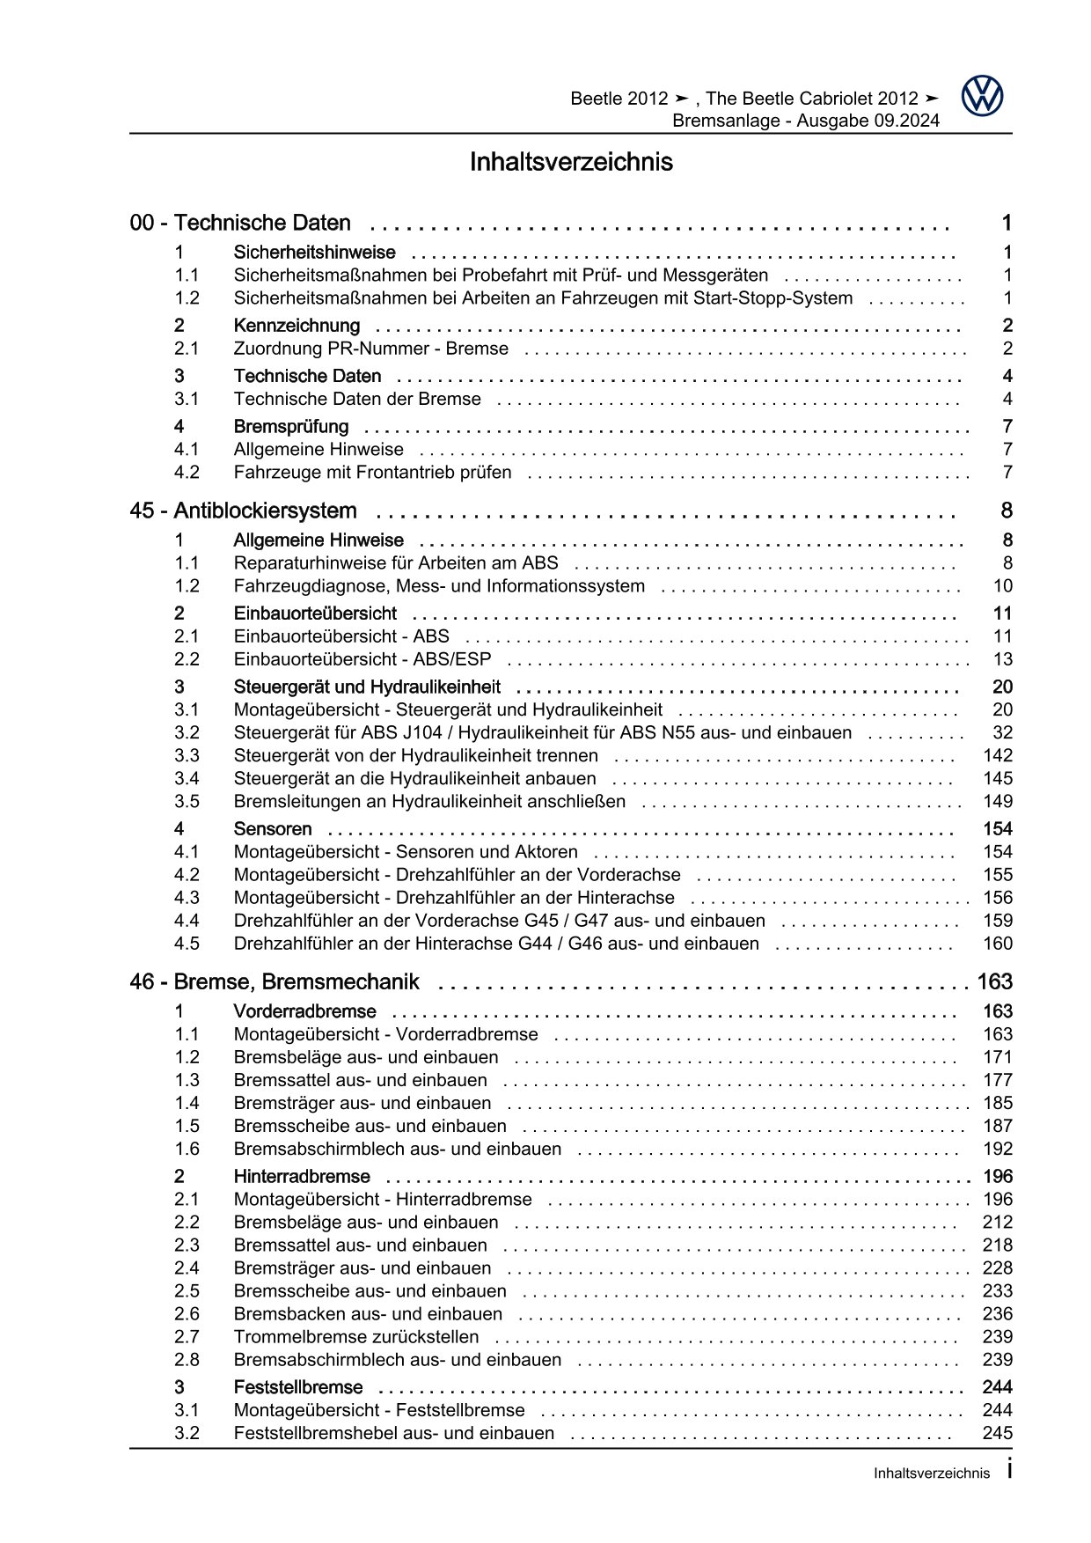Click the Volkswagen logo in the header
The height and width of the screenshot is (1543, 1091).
982,96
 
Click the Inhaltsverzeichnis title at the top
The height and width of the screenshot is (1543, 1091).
570,162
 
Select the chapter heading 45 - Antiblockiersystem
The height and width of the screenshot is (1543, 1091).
243,511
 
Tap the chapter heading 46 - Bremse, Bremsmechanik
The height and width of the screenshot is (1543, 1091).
274,981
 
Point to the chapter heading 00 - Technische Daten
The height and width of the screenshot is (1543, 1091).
239,223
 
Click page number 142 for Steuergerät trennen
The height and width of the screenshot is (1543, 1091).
997,755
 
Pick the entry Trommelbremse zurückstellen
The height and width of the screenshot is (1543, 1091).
356,1336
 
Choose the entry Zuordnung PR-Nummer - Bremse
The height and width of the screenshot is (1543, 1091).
370,349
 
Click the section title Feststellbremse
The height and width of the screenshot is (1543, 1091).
298,1387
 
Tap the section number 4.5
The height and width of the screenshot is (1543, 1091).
187,944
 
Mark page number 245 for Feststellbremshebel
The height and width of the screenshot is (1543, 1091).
997,1433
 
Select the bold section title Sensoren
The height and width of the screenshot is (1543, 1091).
273,829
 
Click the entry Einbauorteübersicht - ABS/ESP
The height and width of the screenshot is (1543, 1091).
362,659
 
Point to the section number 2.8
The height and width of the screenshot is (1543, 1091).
187,1359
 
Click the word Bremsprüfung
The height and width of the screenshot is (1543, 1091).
290,427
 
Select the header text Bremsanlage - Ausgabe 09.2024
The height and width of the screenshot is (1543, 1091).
805,121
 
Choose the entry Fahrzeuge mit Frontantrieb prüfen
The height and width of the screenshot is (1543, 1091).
372,473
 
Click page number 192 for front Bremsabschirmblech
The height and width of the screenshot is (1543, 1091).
998,1149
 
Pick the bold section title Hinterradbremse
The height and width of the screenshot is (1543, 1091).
302,1177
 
